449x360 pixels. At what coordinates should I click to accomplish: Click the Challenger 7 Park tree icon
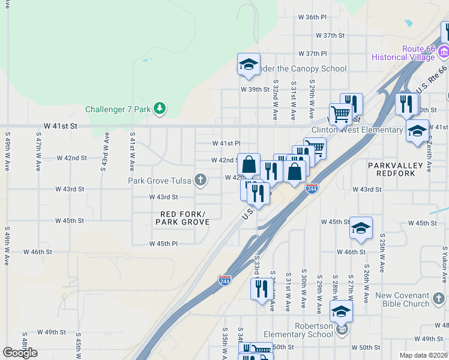[160, 109]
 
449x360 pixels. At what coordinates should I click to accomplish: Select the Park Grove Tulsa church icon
[200, 180]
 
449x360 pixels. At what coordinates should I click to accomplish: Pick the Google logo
[20, 353]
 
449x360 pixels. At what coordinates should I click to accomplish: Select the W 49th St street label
[51, 332]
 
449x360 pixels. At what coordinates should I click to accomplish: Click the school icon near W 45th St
[361, 228]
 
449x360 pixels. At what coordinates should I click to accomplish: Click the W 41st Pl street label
[226, 143]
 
